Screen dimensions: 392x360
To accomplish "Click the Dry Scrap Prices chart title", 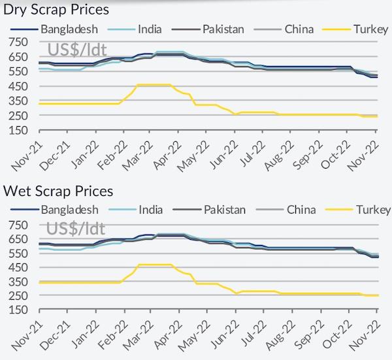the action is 56,10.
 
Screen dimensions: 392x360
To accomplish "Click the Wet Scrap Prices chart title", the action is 58,191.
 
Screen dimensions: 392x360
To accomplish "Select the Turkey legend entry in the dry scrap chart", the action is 355,29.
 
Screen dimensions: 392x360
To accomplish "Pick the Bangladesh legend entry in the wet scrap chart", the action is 54,210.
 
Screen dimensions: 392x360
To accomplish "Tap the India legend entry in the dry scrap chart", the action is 135,29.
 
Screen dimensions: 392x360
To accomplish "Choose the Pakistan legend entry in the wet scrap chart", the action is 209,210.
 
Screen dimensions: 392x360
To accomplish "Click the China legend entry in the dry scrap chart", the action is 284,29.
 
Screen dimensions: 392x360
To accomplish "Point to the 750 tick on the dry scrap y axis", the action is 18,42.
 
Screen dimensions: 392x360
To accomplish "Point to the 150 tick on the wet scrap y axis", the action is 18,310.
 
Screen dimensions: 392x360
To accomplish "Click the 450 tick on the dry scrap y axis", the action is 18,86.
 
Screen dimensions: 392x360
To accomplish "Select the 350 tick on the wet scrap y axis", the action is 18,282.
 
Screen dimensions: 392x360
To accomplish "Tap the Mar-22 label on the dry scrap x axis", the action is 137,156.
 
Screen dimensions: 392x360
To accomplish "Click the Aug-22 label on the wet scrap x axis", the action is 280,336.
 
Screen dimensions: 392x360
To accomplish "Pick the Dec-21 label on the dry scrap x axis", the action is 54,156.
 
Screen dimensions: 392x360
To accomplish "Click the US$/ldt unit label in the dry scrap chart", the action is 77,49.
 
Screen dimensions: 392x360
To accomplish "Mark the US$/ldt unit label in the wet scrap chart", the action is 76,229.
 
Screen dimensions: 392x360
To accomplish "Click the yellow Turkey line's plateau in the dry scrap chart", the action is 154,85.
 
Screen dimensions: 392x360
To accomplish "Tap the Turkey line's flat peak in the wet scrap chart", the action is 155,265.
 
